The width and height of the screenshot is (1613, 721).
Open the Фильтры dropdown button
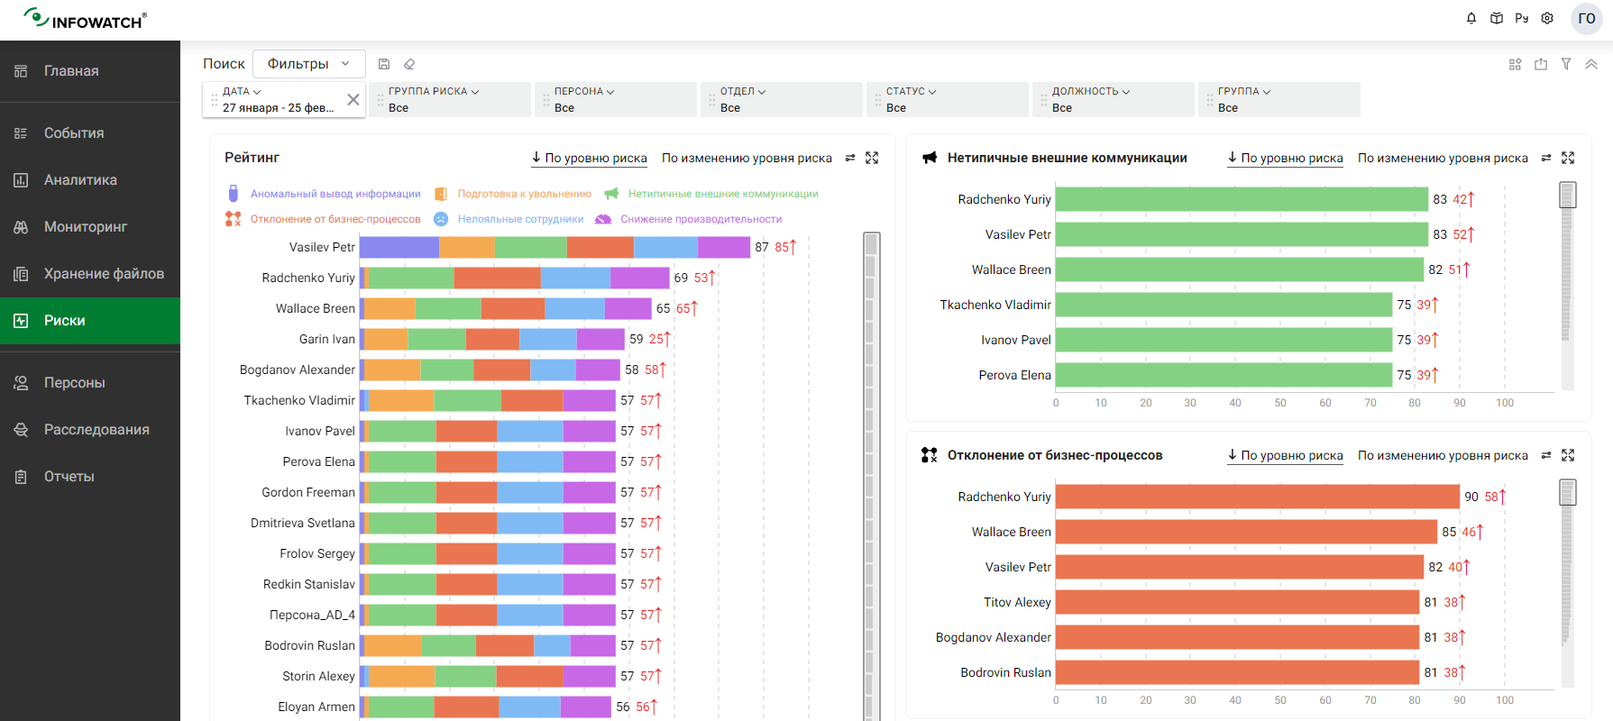click(308, 64)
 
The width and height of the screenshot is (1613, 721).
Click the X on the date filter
click(353, 100)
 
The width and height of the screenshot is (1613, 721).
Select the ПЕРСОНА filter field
click(615, 99)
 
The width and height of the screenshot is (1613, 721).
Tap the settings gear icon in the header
click(1547, 18)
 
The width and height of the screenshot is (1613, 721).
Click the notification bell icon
click(1471, 18)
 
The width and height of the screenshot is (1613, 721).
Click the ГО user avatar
click(1587, 18)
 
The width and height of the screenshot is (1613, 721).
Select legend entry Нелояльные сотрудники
click(520, 219)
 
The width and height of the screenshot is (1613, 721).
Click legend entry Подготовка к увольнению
click(524, 194)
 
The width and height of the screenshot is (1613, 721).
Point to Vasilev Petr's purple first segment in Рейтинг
click(399, 247)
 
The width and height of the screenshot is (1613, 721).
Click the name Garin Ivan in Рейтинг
click(326, 339)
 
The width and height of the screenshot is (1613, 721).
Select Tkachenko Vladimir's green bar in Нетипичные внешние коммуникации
click(1223, 305)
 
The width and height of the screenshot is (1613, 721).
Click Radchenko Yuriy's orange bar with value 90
click(1257, 497)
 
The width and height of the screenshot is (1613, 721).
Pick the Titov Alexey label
click(1017, 602)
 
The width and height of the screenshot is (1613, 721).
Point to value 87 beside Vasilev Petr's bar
click(762, 247)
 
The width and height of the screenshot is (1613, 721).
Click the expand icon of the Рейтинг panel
click(872, 158)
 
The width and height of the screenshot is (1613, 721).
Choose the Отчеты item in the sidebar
click(69, 477)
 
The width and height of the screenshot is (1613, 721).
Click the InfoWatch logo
click(85, 19)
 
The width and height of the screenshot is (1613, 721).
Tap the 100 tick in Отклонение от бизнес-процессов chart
click(1505, 700)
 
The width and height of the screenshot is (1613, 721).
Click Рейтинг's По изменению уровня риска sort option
click(747, 158)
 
